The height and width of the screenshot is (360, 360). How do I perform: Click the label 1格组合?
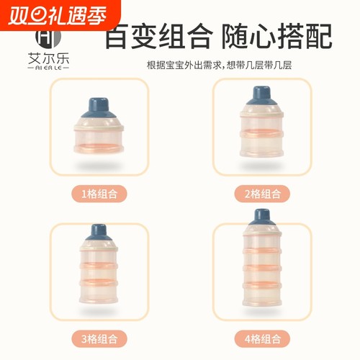99,193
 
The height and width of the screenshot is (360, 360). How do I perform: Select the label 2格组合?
261,193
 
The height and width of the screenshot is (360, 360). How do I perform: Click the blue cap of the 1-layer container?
99,113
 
